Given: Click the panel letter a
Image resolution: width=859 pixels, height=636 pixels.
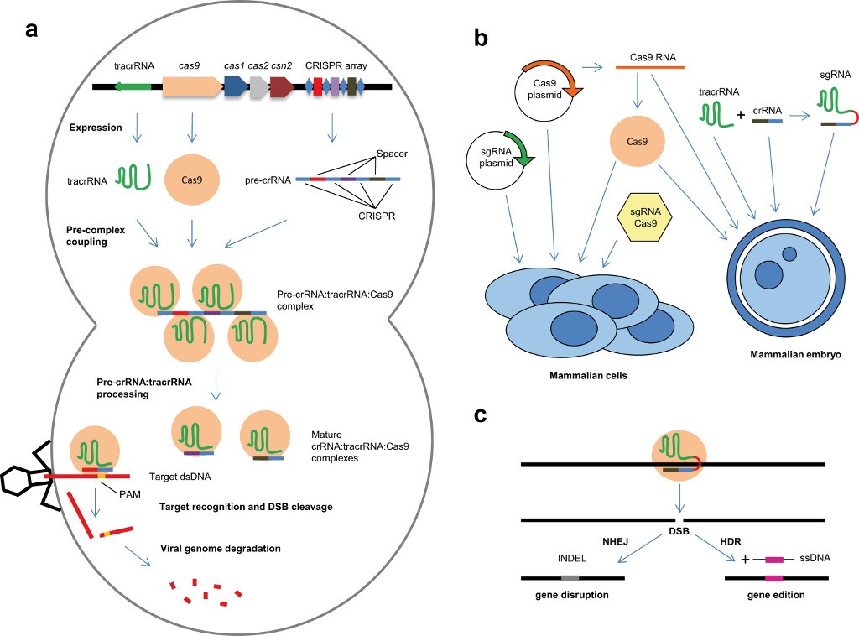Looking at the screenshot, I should tap(31, 31).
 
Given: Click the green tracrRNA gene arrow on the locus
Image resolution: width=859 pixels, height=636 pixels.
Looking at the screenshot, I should tap(133, 86).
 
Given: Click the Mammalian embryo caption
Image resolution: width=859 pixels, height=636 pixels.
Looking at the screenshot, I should tap(784, 354).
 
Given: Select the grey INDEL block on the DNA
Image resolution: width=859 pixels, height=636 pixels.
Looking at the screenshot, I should tap(570, 578).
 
